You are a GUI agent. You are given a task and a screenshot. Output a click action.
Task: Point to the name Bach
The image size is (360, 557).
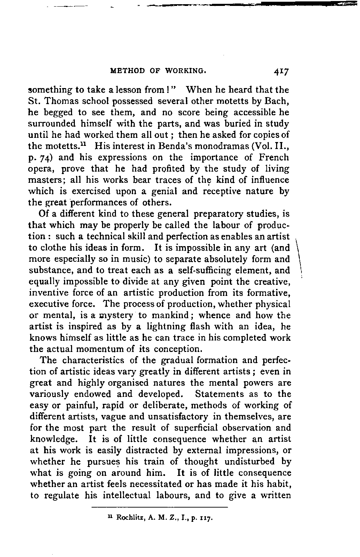coord(277,101)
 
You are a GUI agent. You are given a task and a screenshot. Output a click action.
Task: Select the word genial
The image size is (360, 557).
coord(167,191)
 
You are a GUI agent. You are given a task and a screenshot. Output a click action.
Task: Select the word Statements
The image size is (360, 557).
coord(220,394)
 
